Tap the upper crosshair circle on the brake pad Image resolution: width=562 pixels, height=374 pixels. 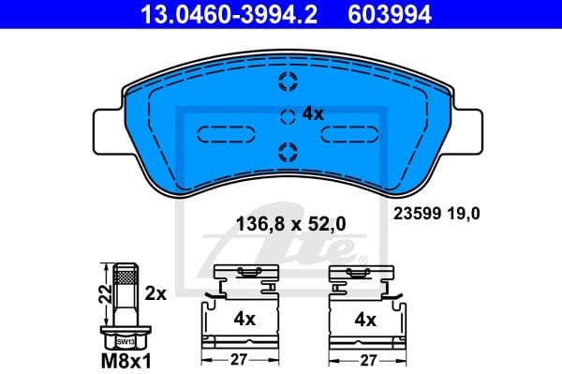[x=288, y=82]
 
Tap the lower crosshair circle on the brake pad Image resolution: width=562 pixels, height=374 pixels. [x=288, y=149]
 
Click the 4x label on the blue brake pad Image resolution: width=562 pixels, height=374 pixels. [x=312, y=113]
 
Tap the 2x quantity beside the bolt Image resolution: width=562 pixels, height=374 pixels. [x=155, y=293]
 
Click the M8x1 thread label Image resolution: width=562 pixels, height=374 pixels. [x=124, y=357]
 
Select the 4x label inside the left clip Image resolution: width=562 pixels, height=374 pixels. [x=244, y=319]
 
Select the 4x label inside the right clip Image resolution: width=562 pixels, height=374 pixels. [x=364, y=319]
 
